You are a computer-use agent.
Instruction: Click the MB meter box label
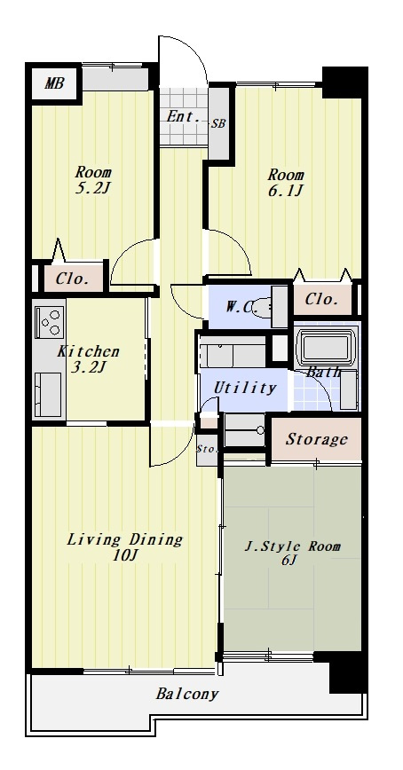[x=54, y=83]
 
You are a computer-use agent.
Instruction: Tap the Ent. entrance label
[x=183, y=117]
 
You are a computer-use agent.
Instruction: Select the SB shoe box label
[x=218, y=124]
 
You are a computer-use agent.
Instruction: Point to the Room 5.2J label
[x=93, y=180]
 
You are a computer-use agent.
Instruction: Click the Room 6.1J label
[x=286, y=182]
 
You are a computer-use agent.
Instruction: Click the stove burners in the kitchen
[x=50, y=322]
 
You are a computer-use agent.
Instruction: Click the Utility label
[x=244, y=388]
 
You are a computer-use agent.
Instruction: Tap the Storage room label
[x=317, y=439]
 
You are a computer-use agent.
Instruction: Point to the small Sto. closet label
[x=206, y=448]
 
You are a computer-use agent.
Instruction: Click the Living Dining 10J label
[x=125, y=546]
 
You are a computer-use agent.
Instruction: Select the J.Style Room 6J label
[x=292, y=553]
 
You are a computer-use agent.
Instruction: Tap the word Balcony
[x=186, y=694]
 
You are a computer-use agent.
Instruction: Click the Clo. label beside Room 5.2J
[x=72, y=279]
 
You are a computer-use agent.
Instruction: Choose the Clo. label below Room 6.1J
[x=322, y=299]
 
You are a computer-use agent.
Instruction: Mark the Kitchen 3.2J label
[x=89, y=359]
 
